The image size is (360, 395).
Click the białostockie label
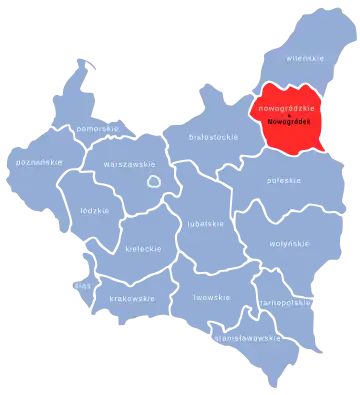point(214,134)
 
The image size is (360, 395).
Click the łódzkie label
point(95,211)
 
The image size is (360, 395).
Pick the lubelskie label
point(207,225)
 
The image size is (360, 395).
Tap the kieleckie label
point(144,248)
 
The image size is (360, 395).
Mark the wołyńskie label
point(288,243)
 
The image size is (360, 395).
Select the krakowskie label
point(133,298)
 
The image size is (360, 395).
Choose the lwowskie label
point(212,297)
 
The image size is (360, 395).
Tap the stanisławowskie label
point(247,337)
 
